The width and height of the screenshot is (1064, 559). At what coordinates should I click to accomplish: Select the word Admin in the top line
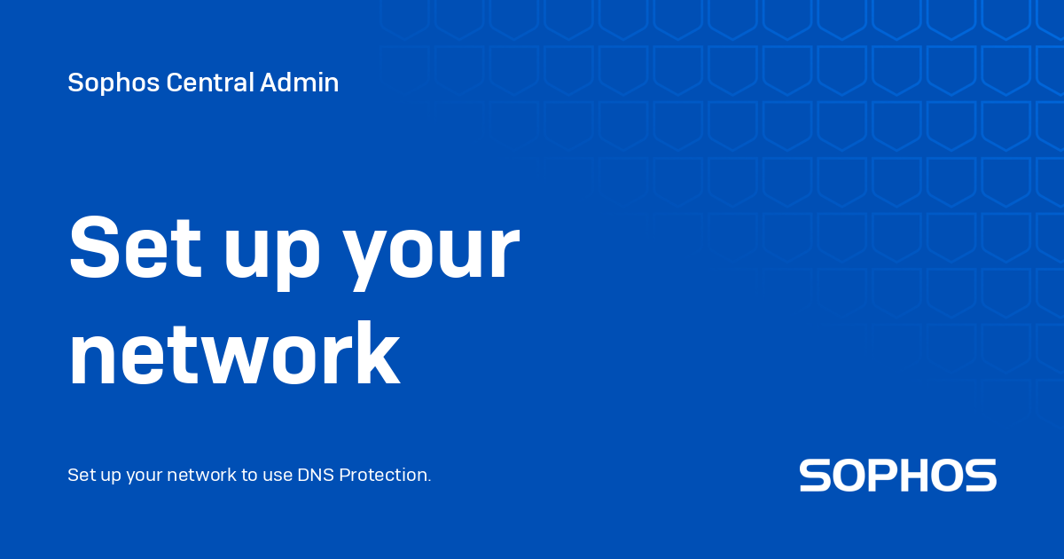coord(300,83)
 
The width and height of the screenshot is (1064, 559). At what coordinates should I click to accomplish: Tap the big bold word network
coord(234,354)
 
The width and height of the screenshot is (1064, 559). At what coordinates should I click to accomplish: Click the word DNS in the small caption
coord(316,475)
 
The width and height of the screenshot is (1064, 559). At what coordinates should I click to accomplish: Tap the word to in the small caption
coord(251,475)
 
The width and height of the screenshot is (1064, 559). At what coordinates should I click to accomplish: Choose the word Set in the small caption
coord(80,475)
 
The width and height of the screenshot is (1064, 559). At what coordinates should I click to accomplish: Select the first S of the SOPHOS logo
coord(816,476)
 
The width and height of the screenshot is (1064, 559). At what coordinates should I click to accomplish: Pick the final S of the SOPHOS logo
coord(982,476)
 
